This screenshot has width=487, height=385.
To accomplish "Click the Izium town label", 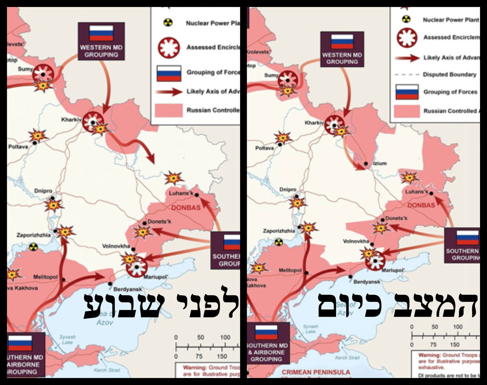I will pyautogui.click(x=380, y=163).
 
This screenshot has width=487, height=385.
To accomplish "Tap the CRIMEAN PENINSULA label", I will pyautogui.click(x=316, y=372).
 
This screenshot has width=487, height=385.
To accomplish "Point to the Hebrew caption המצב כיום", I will pyautogui.click(x=397, y=305).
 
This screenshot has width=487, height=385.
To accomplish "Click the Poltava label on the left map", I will pyautogui.click(x=18, y=147).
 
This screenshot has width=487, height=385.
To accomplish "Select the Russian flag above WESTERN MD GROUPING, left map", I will pyautogui.click(x=101, y=33).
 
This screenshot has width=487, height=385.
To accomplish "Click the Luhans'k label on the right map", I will pyautogui.click(x=416, y=192).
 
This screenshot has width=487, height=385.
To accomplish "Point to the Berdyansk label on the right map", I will pyautogui.click(x=367, y=282).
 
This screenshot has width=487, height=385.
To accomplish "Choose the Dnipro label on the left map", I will pyautogui.click(x=43, y=191).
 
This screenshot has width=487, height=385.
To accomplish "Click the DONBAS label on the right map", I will pyautogui.click(x=421, y=205).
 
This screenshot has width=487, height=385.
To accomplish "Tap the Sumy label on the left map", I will pyautogui.click(x=25, y=69).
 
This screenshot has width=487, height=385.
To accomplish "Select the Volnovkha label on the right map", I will pyautogui.click(x=356, y=241).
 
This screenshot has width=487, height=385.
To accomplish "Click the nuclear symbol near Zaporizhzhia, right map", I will pyautogui.click(x=278, y=242).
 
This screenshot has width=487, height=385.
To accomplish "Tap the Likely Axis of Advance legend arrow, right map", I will pyautogui.click(x=407, y=58).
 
